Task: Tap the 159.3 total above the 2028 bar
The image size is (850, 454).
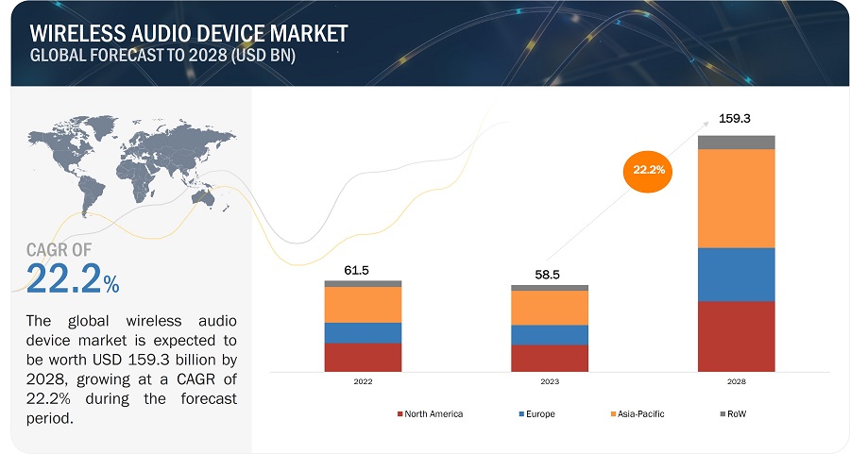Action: pos(736,120)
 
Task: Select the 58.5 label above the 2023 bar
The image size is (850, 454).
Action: pos(549,275)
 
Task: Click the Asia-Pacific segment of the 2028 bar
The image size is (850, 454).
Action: pos(736,198)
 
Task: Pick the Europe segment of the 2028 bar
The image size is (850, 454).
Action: pos(736,275)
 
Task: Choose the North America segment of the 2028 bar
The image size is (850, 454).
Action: pos(736,336)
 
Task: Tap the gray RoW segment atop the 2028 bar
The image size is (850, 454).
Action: pos(736,142)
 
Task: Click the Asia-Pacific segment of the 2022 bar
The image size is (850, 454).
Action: pos(363,304)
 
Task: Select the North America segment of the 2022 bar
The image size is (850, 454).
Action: pos(363,357)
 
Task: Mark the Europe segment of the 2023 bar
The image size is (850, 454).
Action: pos(549,335)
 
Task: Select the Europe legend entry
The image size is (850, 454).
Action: pos(535,414)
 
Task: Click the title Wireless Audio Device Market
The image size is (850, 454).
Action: pos(189,33)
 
